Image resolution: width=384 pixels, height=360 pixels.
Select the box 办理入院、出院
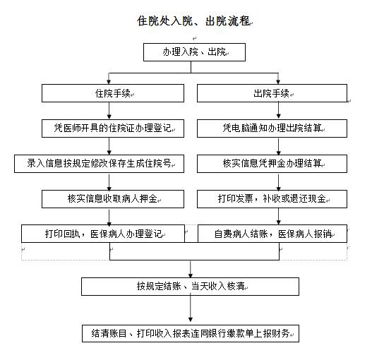[x=192, y=52]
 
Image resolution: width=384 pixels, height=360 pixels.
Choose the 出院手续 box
[x=272, y=93]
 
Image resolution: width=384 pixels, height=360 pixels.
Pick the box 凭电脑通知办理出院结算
[x=272, y=128]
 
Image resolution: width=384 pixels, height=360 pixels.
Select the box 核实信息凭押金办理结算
[x=272, y=164]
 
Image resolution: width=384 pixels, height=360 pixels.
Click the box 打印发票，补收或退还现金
[x=272, y=198]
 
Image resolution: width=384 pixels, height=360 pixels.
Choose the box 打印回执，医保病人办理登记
[x=103, y=233]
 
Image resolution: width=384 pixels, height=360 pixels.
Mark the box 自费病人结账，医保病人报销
[x=272, y=233]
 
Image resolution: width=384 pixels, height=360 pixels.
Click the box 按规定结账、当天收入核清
[x=191, y=287]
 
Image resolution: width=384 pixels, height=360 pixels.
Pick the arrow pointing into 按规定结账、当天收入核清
[x=191, y=269]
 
